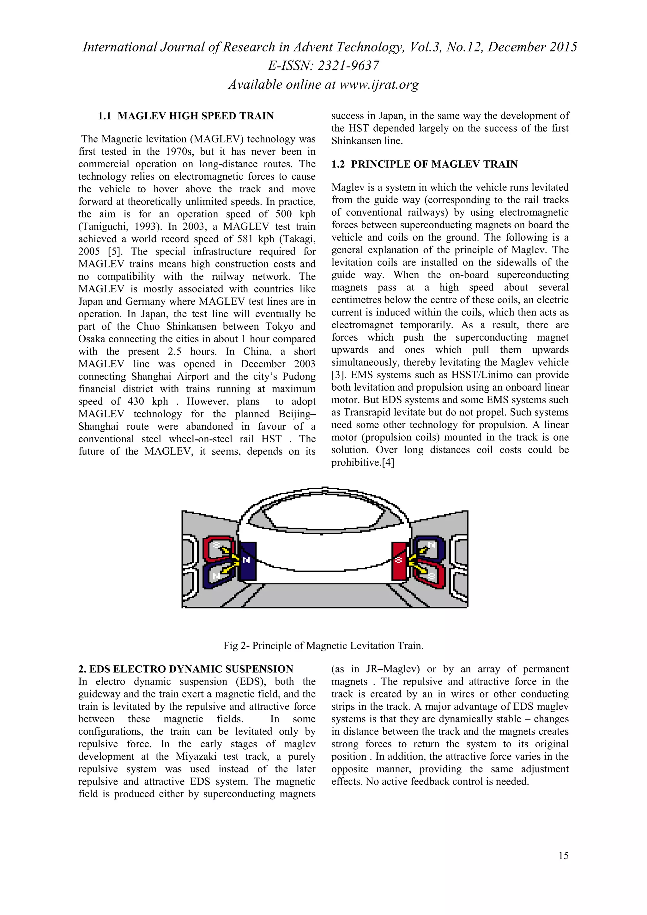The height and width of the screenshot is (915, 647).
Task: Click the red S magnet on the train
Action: [399, 561]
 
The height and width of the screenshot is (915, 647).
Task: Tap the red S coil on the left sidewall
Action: [218, 548]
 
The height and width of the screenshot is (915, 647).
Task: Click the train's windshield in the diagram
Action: [324, 514]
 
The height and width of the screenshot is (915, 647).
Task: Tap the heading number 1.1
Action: [105, 116]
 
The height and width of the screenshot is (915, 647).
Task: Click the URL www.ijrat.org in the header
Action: [379, 85]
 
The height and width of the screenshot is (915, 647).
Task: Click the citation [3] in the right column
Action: [338, 375]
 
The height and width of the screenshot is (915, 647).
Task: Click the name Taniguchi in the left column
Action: [103, 226]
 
